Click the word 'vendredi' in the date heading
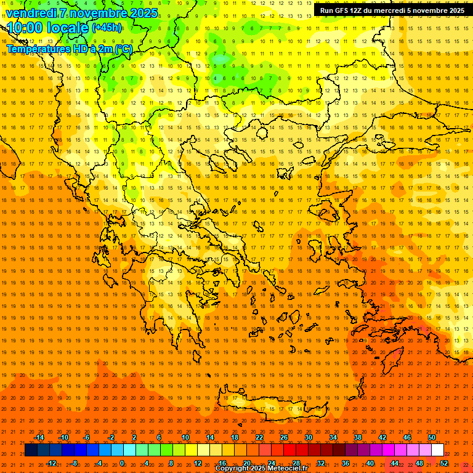pos(31,13)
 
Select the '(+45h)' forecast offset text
pos(107,28)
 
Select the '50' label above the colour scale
pos(432,437)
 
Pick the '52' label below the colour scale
pos(444,463)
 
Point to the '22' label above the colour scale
pos(259,437)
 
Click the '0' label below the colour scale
pos(121,463)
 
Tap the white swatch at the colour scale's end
pos(437,450)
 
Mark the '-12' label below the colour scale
pos(51,463)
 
